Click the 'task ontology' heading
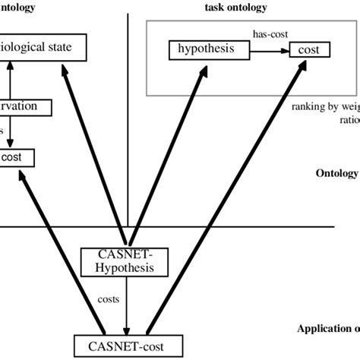(237, 7)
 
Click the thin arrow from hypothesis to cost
(270, 51)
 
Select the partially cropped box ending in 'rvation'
(25, 107)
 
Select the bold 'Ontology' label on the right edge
(336, 173)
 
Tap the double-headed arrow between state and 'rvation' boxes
(9, 80)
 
